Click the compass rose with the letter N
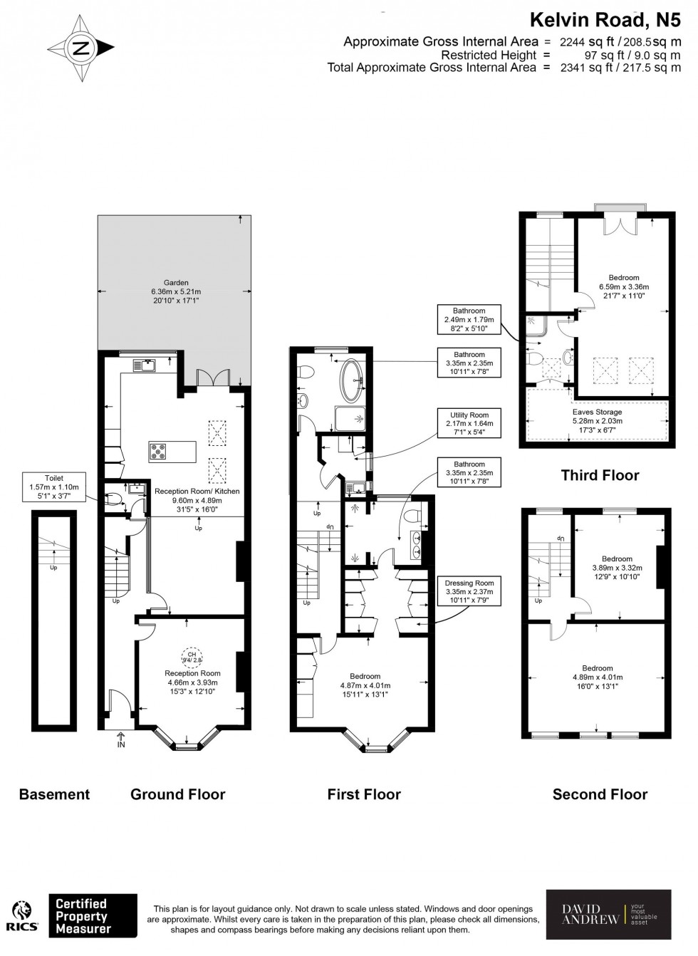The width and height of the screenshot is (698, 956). point(80,48)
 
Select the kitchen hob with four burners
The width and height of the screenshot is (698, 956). point(158,451)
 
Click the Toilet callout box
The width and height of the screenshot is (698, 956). point(54,487)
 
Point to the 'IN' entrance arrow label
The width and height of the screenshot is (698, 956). point(120,742)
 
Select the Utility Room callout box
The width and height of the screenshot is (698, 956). point(469,423)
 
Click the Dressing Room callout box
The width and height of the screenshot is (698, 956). point(469,591)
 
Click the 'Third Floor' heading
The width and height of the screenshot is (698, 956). point(600,475)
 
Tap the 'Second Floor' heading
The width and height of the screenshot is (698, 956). point(600,794)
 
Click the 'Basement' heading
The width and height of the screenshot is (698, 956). point(54,794)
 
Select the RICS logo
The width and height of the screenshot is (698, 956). point(22,916)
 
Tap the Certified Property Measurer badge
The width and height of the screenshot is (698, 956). point(93,916)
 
